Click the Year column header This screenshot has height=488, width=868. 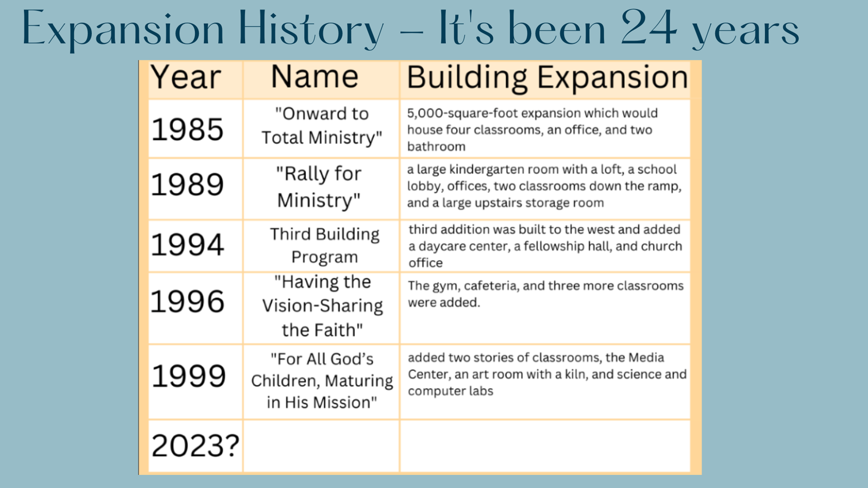pyautogui.click(x=185, y=77)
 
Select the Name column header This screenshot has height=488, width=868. pyautogui.click(x=314, y=76)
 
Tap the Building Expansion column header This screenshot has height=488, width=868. pyautogui.click(x=547, y=77)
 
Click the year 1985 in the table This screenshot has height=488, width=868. pyautogui.click(x=187, y=129)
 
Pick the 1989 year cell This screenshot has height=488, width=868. pyautogui.click(x=187, y=185)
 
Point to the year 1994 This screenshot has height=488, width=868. pyautogui.click(x=187, y=244)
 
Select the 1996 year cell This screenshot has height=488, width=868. pyautogui.click(x=187, y=301)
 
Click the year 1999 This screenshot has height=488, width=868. pyautogui.click(x=188, y=376)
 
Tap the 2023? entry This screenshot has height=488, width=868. pyautogui.click(x=195, y=446)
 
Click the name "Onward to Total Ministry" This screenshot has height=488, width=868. pyautogui.click(x=322, y=126)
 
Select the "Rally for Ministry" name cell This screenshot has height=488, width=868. pyautogui.click(x=319, y=187)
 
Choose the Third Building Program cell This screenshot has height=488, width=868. pyautogui.click(x=324, y=245)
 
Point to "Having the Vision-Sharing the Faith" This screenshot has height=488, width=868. pyautogui.click(x=322, y=306)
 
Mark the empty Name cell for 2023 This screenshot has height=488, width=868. pyautogui.click(x=322, y=446)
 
